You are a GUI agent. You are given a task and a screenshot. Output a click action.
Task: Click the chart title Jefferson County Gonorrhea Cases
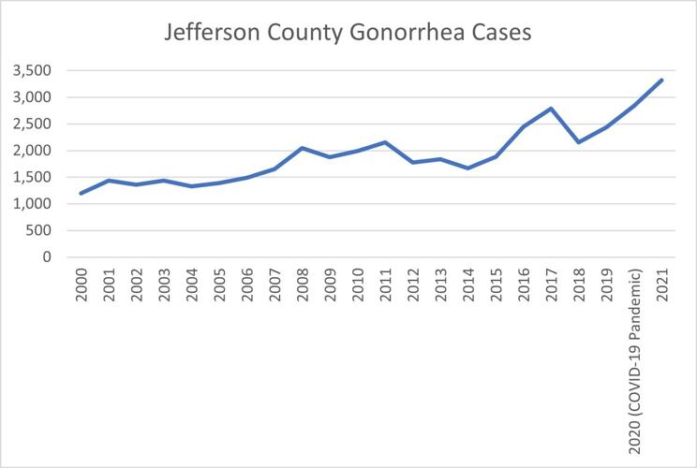tap(348, 33)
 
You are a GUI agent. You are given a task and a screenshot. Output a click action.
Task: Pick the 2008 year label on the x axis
tap(304, 285)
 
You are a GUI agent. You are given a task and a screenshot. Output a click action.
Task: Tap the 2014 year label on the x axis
tap(468, 285)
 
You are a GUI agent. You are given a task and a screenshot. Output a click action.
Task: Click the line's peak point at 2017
tap(552, 109)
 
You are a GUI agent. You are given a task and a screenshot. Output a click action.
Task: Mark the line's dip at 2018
tap(579, 142)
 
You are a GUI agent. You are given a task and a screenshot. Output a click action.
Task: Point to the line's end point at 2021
tap(661, 80)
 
